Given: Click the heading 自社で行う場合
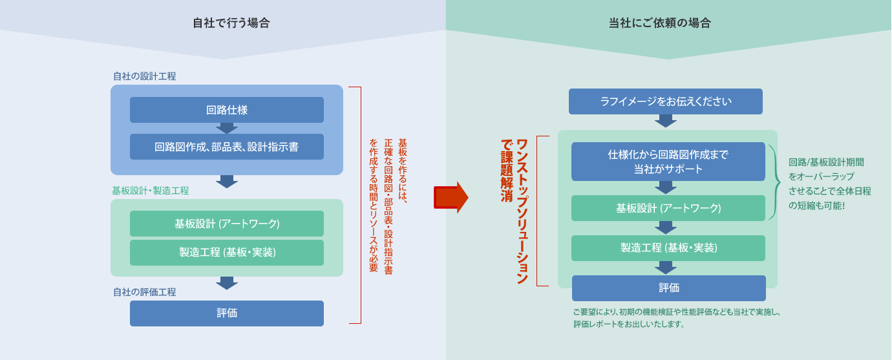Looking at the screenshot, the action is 231,23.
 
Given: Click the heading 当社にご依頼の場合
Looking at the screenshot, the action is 660,23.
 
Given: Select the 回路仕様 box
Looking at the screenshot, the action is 227,110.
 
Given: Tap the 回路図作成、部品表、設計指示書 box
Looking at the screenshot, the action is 227,147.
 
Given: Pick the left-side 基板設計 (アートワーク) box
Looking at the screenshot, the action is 227,224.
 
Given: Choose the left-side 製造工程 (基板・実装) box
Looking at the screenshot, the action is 227,253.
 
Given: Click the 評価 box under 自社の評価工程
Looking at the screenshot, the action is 227,313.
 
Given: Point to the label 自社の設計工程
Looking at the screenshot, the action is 145,76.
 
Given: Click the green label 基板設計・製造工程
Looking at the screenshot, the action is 150,191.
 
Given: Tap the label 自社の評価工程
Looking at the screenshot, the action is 145,292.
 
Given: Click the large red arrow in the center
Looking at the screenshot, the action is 451,198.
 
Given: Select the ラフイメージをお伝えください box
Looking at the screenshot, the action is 665,101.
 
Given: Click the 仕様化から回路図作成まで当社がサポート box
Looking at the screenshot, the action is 668,162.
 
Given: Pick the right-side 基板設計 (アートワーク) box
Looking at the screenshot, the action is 668,208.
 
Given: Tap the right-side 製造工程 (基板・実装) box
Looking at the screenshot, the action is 668,248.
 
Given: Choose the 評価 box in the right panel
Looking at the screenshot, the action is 668,288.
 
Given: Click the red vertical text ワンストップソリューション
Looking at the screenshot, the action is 522,211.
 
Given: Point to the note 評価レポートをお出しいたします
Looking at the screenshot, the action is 629,324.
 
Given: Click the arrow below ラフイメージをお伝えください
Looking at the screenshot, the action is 665,121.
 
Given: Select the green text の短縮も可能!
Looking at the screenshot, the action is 816,206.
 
